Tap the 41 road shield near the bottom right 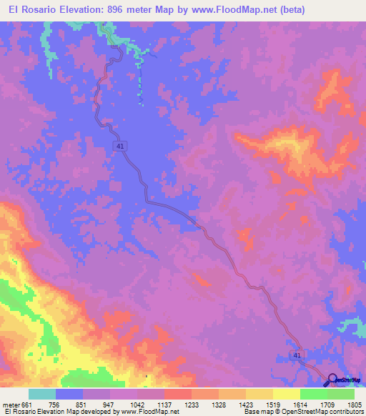click(x=297, y=355)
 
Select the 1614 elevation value click(x=302, y=405)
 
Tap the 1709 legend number click(x=330, y=405)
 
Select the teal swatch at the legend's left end click(x=42, y=394)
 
